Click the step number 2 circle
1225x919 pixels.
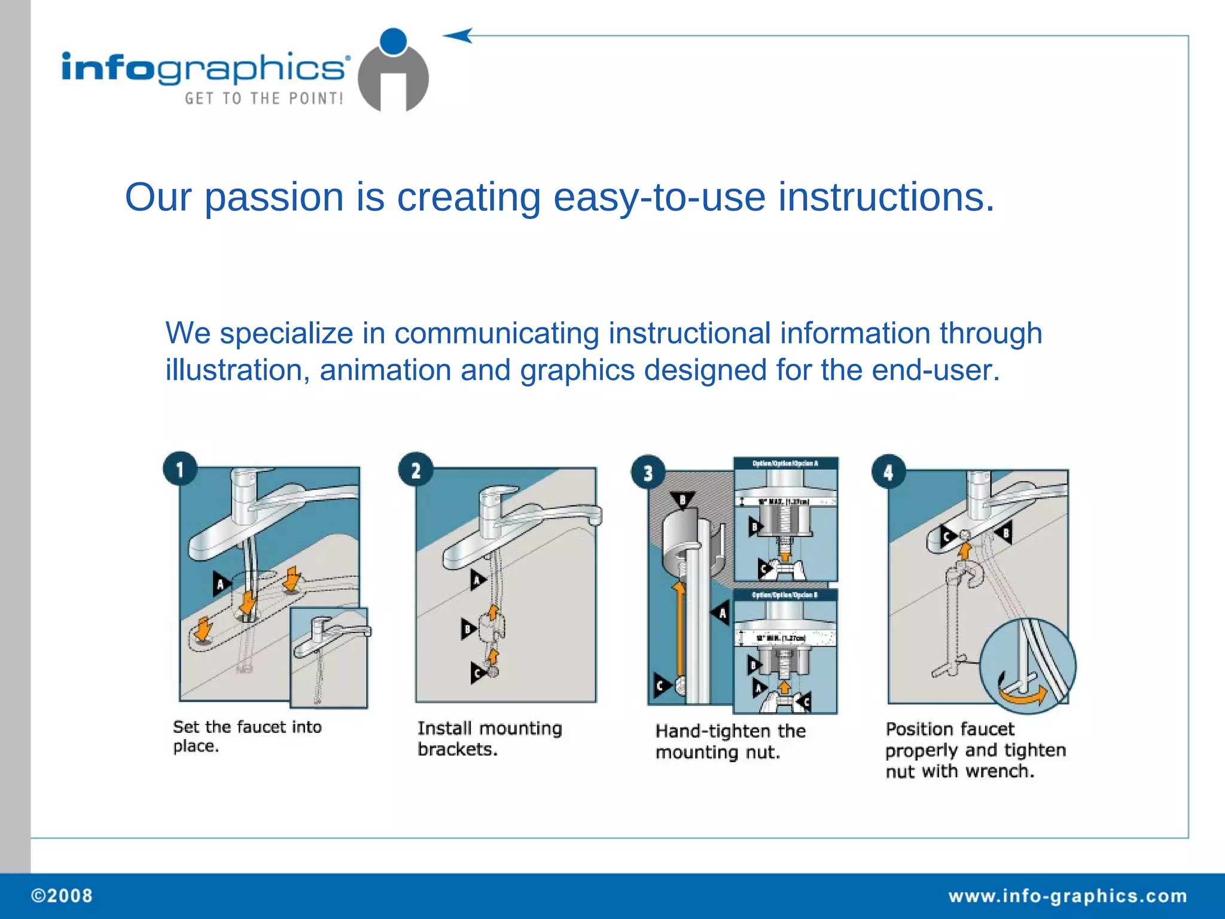416,470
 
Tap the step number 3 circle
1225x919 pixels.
648,473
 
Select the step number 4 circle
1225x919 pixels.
888,472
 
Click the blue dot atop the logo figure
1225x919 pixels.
393,42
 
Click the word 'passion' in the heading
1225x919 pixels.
274,197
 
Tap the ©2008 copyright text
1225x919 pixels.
62,896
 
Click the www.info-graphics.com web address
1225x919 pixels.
1068,896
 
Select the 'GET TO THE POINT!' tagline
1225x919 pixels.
264,99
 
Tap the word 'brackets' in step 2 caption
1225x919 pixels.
456,749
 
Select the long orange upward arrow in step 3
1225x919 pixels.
678,634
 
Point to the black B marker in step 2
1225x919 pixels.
468,629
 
